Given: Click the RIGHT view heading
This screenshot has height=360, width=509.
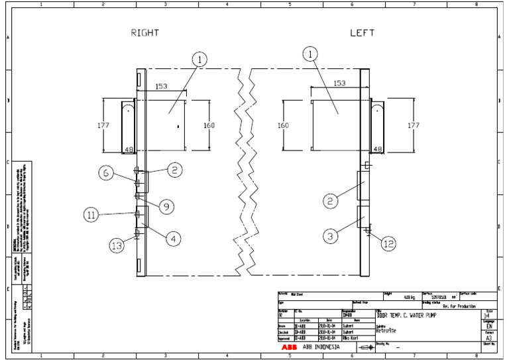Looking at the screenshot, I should [145, 32].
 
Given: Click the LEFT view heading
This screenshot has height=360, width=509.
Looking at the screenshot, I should [363, 32].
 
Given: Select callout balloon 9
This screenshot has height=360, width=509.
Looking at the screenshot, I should [166, 206].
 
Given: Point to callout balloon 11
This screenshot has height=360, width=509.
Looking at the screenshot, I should [93, 214].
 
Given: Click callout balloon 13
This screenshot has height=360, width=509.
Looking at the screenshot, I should [117, 245].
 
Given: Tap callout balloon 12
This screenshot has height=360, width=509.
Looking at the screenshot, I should [388, 243].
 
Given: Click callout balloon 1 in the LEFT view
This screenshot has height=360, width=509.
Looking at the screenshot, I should [309, 56].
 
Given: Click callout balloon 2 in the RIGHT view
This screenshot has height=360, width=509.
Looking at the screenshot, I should [174, 170].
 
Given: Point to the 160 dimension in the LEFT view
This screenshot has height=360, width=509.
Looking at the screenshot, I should [284, 125].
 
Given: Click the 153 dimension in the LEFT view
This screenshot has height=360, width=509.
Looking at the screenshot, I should [339, 84].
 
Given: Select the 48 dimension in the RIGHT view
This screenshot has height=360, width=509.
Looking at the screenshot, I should [129, 149].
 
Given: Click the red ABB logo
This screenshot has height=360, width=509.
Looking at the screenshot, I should [288, 346].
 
